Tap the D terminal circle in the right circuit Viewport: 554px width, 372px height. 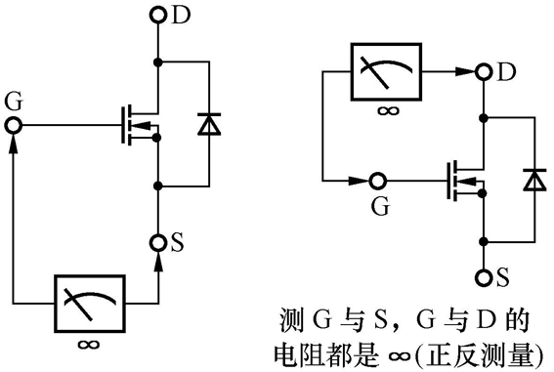482,72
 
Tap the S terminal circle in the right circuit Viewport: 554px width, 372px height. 482,276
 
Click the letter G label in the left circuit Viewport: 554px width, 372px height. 13,102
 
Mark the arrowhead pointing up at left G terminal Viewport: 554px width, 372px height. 13,143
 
